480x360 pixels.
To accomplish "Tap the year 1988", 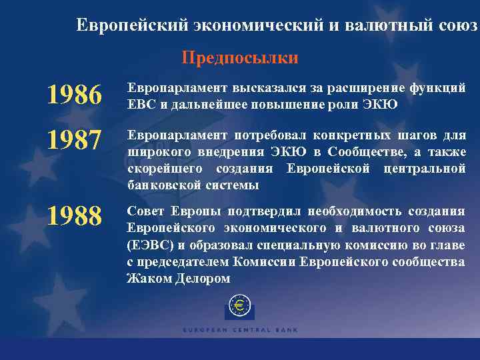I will click(74, 215).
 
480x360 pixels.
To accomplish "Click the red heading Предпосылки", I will click(240, 59).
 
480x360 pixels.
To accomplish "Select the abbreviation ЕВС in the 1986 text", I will click(140, 105).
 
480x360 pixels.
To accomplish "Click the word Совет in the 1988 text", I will click(146, 211).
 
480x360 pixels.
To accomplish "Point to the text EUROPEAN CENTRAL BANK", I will click(240, 330).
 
